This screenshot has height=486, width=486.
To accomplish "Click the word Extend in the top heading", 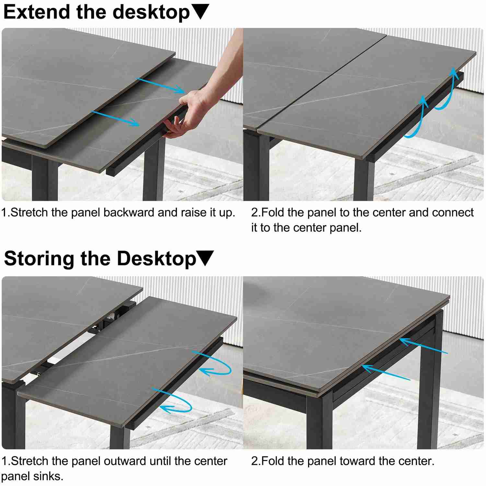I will pyautogui.click(x=37, y=12).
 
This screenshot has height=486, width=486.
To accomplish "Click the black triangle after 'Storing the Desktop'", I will pyautogui.click(x=205, y=258).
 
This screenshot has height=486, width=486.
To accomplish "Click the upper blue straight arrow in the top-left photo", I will pyautogui.click(x=160, y=85).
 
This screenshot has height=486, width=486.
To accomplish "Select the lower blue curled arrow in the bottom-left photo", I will pyautogui.click(x=175, y=402).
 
